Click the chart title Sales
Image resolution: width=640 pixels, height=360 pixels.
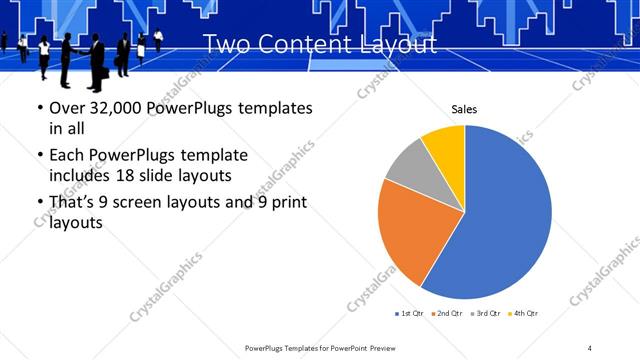pos(464,108)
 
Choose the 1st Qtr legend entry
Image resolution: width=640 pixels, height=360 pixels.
pos(410,314)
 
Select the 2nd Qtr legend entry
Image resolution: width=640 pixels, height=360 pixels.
pos(447,314)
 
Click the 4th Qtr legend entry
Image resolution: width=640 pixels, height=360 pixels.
pos(522,314)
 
